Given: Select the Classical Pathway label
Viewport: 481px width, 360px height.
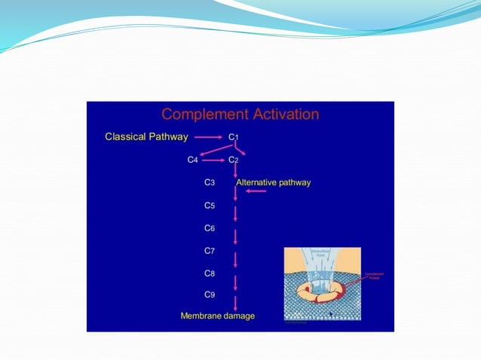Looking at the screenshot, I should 146,137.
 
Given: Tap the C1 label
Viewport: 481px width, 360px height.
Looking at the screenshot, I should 233,137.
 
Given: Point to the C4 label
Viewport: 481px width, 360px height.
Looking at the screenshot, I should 192,160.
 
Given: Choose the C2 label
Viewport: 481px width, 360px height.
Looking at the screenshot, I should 233,160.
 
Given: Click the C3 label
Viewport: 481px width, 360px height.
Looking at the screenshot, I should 210,182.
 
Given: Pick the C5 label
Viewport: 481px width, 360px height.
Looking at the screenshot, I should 210,205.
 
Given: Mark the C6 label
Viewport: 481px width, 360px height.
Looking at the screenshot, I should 210,227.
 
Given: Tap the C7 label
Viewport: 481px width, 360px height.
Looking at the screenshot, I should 210,250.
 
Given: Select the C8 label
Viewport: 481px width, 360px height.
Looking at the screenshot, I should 210,273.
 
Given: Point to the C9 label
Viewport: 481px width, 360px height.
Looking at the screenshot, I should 210,294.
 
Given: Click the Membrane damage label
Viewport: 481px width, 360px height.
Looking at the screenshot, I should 217,316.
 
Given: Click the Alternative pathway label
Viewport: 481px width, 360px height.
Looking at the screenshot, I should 273,182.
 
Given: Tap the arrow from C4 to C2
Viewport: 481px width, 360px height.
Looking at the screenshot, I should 213,160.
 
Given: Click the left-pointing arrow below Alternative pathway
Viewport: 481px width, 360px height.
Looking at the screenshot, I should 256,191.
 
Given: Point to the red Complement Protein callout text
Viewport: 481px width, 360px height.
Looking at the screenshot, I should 374,276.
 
